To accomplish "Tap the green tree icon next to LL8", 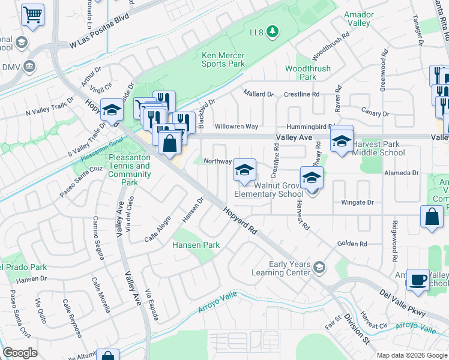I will [272, 31].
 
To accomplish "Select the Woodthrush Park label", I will [307, 73].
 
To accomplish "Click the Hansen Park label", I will [196, 245].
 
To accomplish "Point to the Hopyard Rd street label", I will [240, 221].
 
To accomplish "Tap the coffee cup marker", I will [418, 280].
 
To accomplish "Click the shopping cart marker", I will [33, 15].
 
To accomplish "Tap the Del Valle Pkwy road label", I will [403, 303].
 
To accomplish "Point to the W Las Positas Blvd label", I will [99, 37].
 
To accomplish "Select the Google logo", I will [20, 353].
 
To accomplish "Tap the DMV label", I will [11, 67].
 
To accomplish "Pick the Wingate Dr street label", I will [357, 203].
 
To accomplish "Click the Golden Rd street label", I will [352, 244].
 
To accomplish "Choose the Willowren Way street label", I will [236, 127].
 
